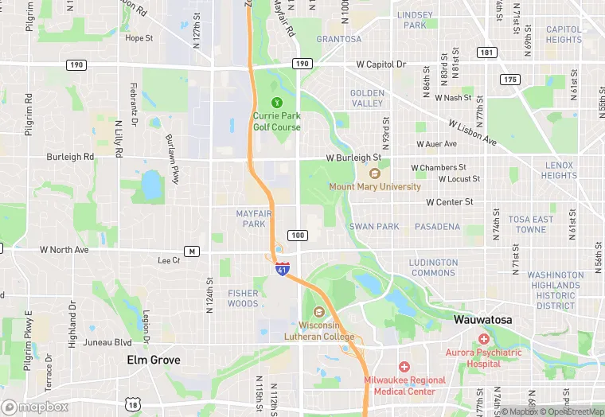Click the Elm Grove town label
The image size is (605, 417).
(154, 360)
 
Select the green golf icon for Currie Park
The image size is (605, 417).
(277, 102)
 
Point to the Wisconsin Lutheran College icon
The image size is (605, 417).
(320, 312)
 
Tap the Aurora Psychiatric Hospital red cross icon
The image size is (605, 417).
(484, 340)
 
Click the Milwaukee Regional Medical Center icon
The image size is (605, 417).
(404, 367)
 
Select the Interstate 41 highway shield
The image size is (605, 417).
(282, 269)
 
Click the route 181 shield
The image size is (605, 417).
(487, 53)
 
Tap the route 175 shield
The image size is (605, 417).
(510, 79)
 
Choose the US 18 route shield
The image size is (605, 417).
(132, 405)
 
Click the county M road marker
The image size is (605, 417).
(191, 251)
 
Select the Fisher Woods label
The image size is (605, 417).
(243, 298)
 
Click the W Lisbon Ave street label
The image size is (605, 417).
(473, 133)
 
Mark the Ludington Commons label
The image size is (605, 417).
(433, 267)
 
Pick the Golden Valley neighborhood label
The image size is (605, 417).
(367, 98)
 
